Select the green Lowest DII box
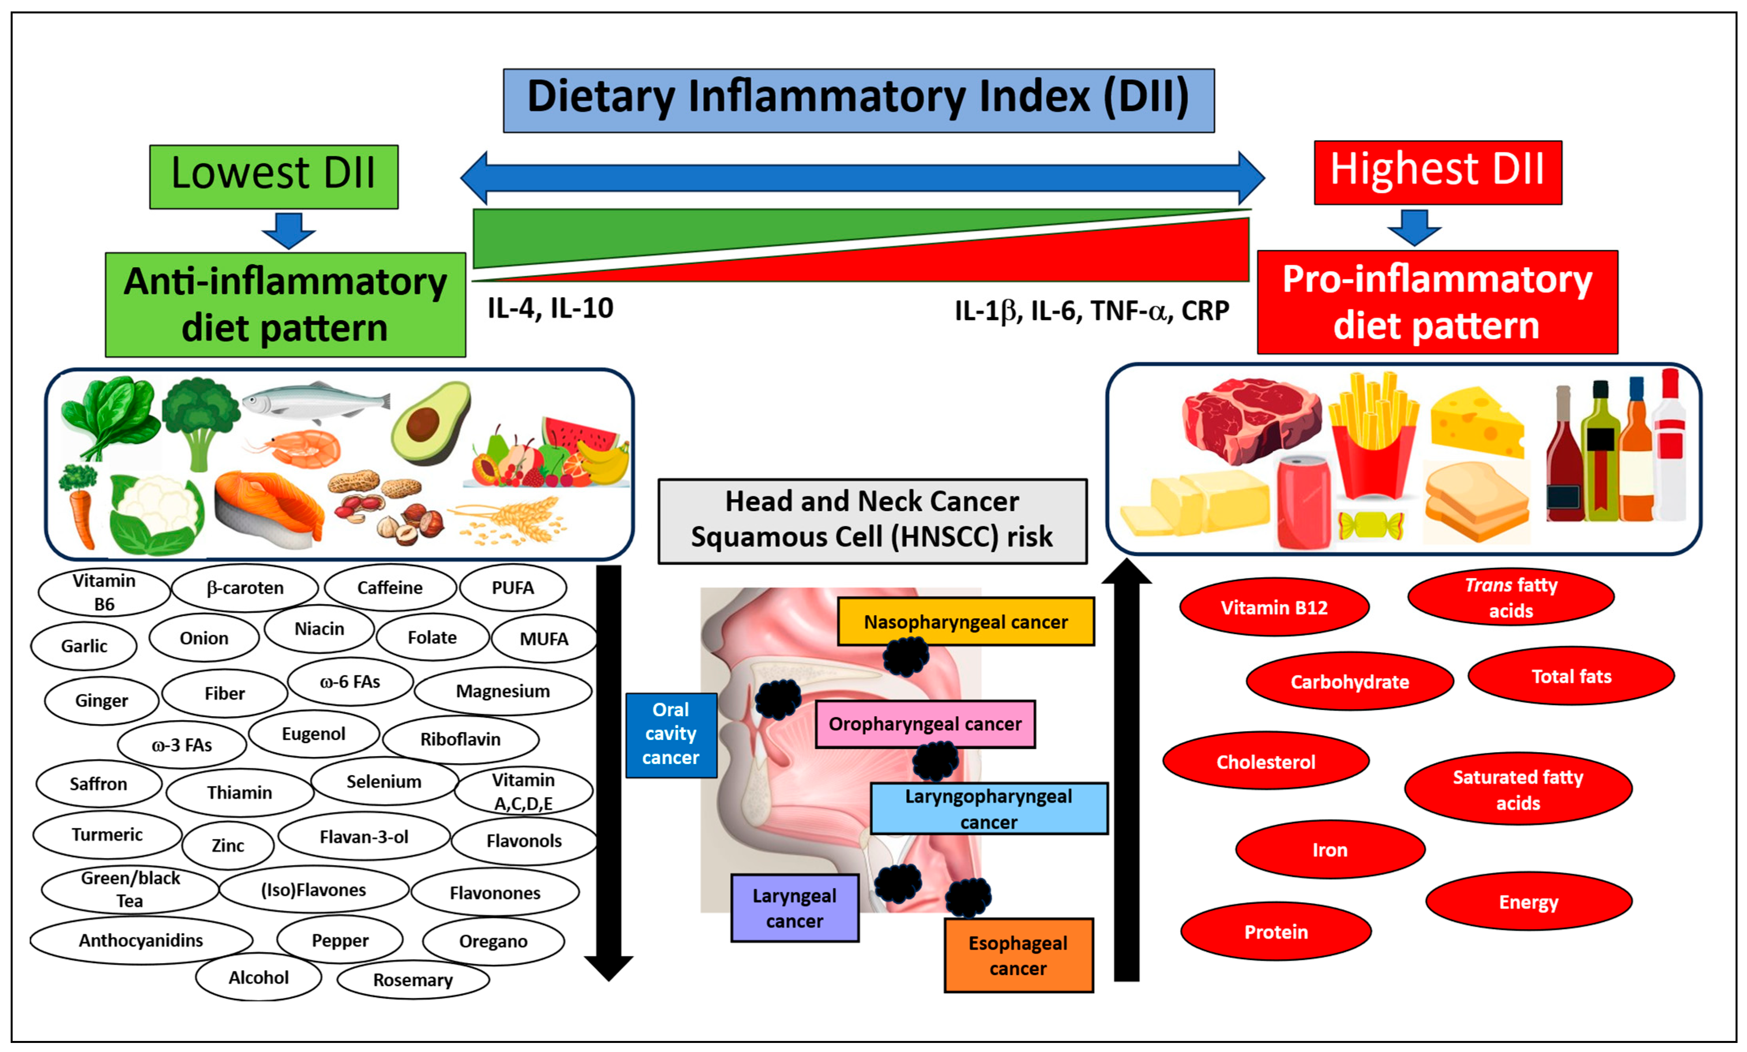(x=274, y=176)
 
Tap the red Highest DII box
(x=1438, y=172)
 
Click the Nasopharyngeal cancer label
(x=966, y=622)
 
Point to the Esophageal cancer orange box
(x=1018, y=956)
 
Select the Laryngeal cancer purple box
(x=795, y=908)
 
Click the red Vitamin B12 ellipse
(x=1274, y=608)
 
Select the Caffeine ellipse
(x=390, y=588)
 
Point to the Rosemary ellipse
(x=413, y=980)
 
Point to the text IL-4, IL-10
(x=550, y=308)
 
